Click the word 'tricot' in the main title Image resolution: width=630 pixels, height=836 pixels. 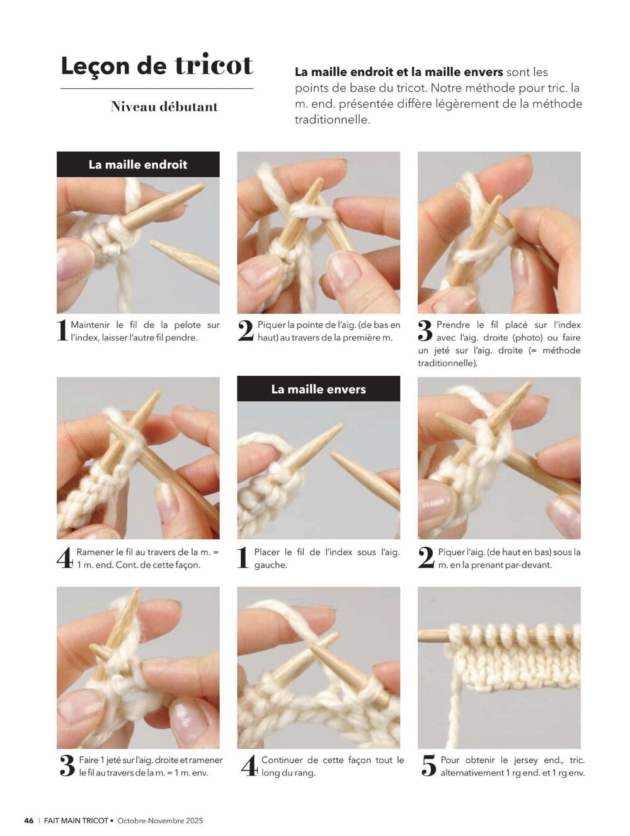214,65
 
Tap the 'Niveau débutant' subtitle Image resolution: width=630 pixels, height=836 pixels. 164,107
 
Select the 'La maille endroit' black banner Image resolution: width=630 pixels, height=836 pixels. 138,164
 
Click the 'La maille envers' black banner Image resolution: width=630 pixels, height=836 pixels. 318,389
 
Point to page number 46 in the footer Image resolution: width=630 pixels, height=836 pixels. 28,820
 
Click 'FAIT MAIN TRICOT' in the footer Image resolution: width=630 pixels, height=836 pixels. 76,820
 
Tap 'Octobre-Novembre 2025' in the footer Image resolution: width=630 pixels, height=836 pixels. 160,820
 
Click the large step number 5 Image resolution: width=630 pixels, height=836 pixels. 429,766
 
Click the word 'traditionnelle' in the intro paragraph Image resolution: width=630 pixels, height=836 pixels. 331,120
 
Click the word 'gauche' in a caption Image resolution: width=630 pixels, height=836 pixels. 270,565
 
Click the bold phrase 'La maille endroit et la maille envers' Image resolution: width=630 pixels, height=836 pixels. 399,72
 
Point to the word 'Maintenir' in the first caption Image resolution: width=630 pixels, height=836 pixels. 90,325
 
